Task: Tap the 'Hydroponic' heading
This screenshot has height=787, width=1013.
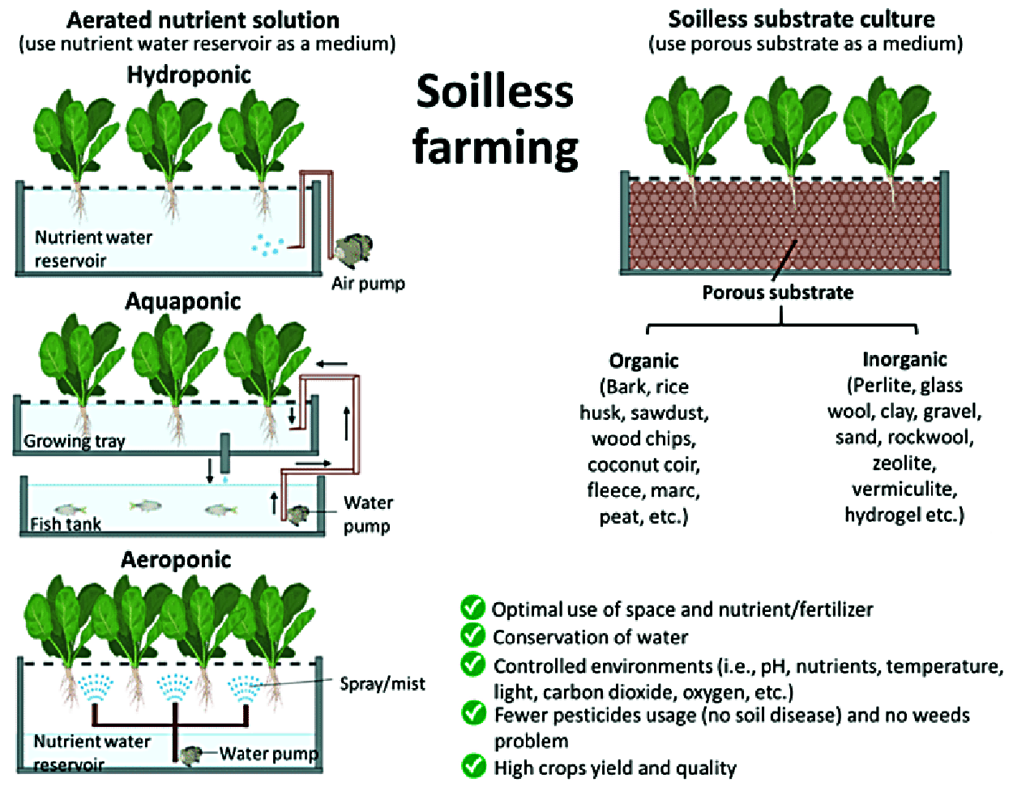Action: coord(189,75)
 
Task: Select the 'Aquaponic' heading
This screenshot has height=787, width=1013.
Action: coord(183,302)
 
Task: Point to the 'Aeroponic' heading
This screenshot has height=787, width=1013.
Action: coord(176,560)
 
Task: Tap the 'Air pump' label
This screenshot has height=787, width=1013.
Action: coord(368,284)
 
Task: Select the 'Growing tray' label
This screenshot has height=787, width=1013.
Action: coord(75,441)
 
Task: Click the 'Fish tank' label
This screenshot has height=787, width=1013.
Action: coord(66,524)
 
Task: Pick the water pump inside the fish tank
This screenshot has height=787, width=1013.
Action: coord(298,514)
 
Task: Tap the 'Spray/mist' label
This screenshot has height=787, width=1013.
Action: coord(383,684)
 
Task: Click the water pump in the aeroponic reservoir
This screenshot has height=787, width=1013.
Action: coord(190,755)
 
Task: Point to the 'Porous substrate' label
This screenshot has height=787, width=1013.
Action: coord(777,293)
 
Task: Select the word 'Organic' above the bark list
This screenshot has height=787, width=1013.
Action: coord(643,361)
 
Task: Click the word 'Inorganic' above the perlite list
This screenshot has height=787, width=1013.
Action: coord(904,359)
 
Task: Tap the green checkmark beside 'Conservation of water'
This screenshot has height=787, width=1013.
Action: coord(472,635)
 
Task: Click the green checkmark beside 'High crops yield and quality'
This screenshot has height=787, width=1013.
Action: coord(473,766)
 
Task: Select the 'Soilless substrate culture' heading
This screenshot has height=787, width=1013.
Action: coord(801,19)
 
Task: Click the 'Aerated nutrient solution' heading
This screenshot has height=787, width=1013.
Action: coord(203,19)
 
